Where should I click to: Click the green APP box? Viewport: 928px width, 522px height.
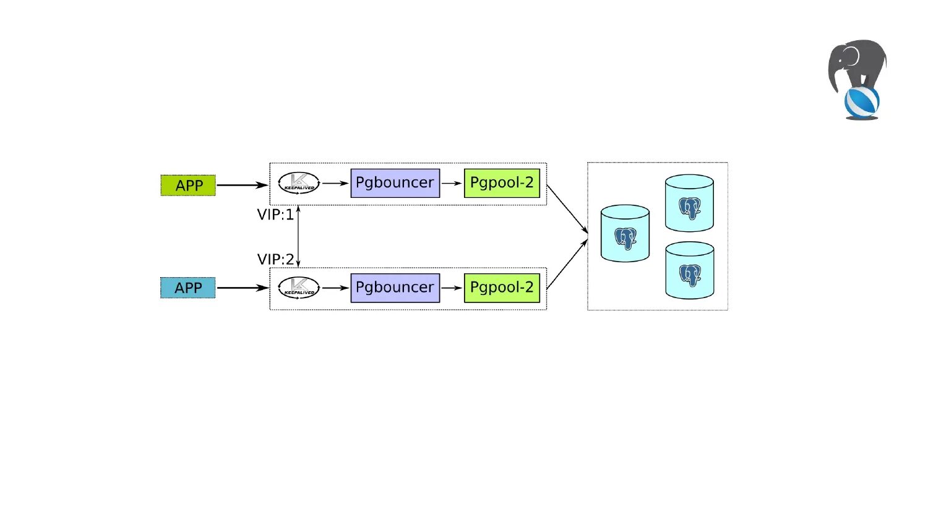pyautogui.click(x=188, y=186)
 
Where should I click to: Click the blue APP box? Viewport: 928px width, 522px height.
pyautogui.click(x=188, y=288)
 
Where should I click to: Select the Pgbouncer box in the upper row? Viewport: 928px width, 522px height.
pyautogui.click(x=395, y=183)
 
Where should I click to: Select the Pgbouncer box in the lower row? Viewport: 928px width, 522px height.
pyautogui.click(x=395, y=288)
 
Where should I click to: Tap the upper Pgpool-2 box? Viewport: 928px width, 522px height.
pyautogui.click(x=502, y=183)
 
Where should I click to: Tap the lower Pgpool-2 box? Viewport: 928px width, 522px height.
pyautogui.click(x=502, y=288)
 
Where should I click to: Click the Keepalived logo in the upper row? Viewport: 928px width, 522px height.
pyautogui.click(x=299, y=183)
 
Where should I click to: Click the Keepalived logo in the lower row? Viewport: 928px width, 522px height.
pyautogui.click(x=299, y=288)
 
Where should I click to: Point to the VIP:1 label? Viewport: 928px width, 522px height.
pyautogui.click(x=275, y=215)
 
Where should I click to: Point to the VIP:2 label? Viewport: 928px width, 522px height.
pyautogui.click(x=275, y=259)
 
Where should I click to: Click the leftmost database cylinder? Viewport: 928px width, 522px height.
pyautogui.click(x=625, y=234)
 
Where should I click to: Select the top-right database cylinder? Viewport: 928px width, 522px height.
pyautogui.click(x=689, y=203)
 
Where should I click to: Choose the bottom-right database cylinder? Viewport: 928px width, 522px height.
pyautogui.click(x=689, y=271)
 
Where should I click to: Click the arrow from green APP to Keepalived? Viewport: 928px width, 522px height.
pyautogui.click(x=243, y=185)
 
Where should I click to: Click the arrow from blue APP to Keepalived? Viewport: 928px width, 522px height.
pyautogui.click(x=243, y=288)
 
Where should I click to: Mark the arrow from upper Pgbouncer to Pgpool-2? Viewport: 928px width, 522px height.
pyautogui.click(x=452, y=183)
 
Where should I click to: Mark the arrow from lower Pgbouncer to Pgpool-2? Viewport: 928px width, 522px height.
pyautogui.click(x=452, y=288)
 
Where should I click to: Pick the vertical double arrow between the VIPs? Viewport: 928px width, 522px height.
pyautogui.click(x=298, y=236)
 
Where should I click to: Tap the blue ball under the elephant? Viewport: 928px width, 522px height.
pyautogui.click(x=861, y=102)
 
